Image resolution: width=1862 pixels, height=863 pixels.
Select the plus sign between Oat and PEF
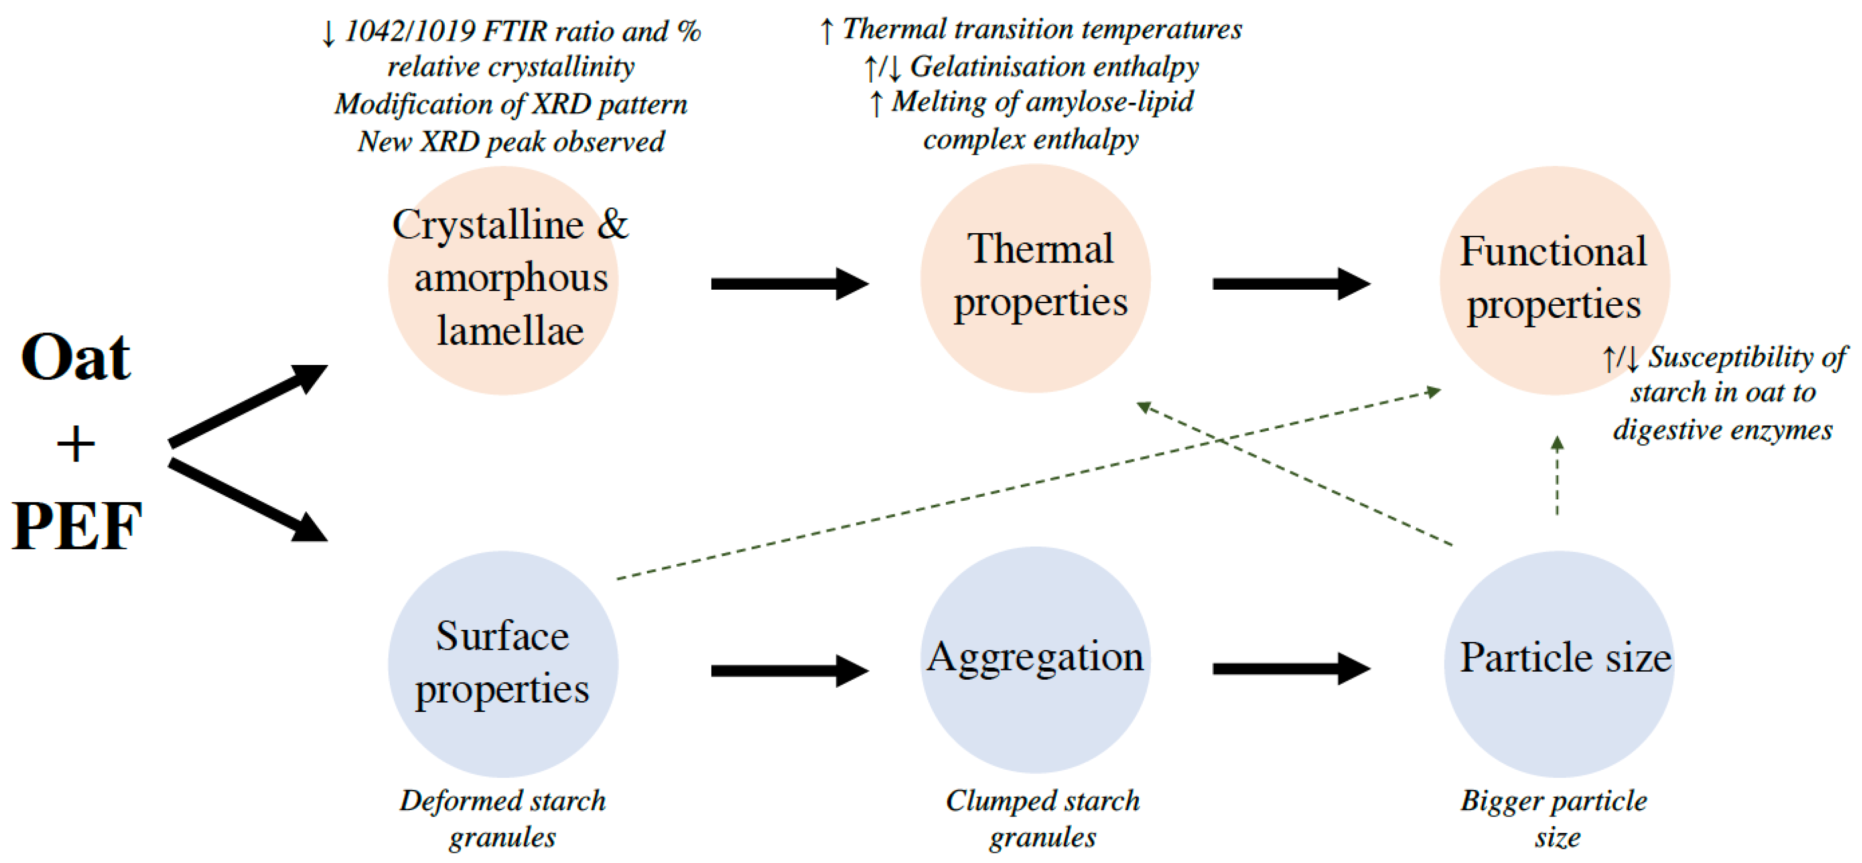[76, 444]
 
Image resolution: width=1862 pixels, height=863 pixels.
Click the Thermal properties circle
[1035, 278]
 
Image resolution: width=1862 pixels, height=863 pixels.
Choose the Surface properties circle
[503, 663]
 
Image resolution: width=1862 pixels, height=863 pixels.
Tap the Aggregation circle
[1035, 659]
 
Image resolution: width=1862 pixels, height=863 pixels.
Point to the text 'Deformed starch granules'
[503, 819]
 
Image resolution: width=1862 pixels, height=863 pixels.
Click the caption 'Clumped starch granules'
[1043, 819]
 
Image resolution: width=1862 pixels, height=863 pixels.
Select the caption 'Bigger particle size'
[1554, 819]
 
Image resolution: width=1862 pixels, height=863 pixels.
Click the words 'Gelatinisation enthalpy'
[1054, 67]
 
